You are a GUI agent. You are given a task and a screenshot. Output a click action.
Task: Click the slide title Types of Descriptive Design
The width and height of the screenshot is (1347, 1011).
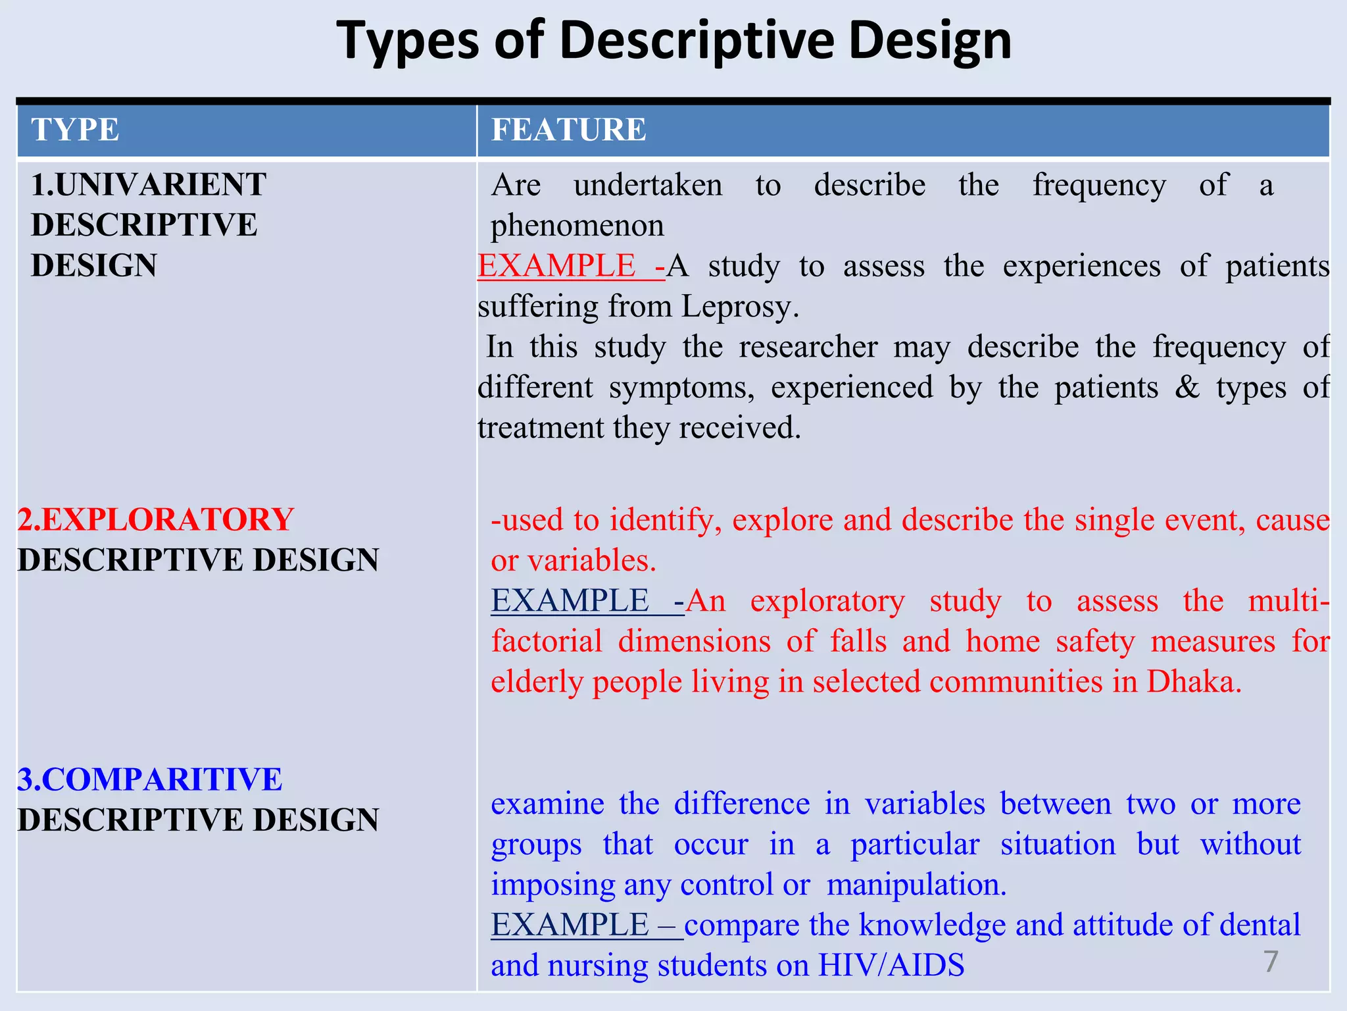(673, 41)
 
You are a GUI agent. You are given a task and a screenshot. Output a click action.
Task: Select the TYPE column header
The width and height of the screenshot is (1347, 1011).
(75, 130)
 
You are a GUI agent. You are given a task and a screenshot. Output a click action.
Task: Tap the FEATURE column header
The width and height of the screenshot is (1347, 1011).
(569, 130)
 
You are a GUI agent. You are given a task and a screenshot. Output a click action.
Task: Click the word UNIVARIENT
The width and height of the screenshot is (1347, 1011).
(160, 184)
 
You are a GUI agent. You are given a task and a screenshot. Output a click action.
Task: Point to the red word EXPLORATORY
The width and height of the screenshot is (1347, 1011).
(167, 519)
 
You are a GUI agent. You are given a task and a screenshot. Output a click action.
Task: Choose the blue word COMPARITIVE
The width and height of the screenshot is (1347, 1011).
(161, 779)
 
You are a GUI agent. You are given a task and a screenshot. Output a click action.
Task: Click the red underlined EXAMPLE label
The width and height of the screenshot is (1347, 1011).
(556, 266)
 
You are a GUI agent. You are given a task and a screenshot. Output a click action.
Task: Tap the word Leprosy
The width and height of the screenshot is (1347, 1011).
(739, 307)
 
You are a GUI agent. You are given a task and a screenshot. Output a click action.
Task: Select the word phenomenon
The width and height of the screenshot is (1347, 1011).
(577, 226)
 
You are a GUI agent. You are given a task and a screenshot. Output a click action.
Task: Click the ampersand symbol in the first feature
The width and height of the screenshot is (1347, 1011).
(1187, 387)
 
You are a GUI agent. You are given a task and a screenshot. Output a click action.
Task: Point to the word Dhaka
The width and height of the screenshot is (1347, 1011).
(1193, 682)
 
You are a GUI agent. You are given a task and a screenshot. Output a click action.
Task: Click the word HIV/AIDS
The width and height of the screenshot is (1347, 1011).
(891, 966)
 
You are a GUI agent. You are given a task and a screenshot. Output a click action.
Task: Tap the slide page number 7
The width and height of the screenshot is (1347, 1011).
(1271, 962)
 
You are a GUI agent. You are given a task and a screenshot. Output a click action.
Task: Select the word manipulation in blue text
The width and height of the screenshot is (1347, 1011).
(916, 885)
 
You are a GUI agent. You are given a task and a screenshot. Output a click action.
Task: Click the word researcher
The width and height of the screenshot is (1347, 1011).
(808, 347)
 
